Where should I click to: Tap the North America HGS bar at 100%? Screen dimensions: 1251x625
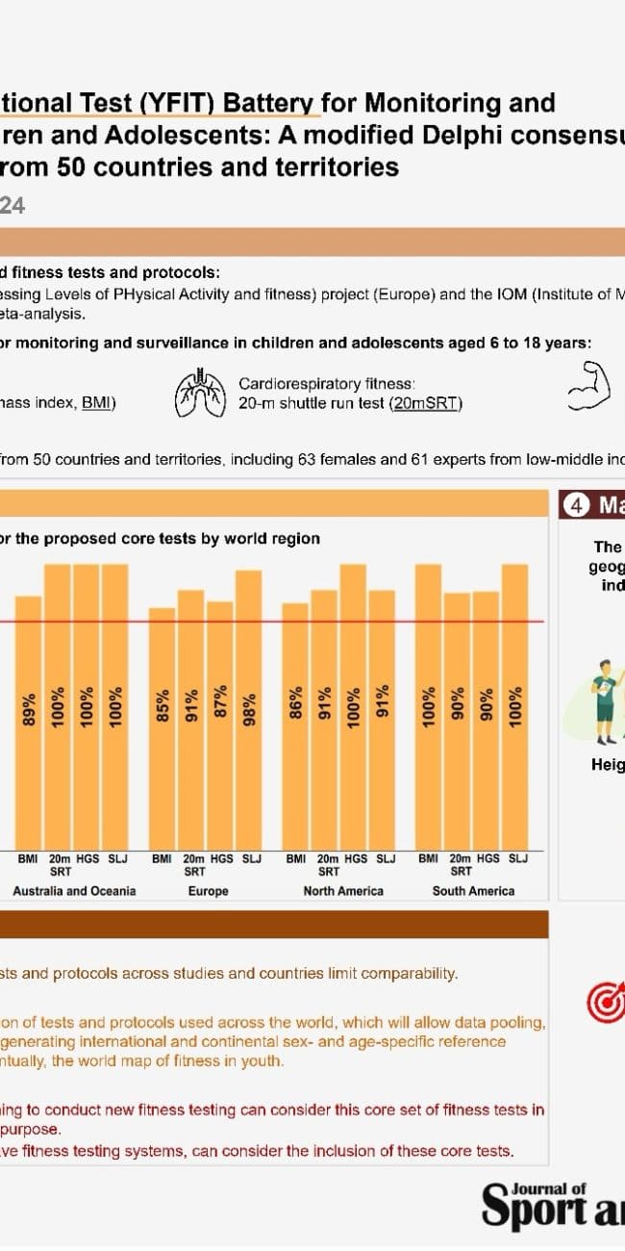[x=353, y=706]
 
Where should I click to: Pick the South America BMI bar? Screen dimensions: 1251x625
[x=428, y=706]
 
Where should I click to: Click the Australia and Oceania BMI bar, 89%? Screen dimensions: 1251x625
[x=29, y=722]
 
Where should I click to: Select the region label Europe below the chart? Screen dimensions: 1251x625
[x=209, y=891]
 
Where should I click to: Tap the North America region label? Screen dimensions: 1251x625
[x=343, y=891]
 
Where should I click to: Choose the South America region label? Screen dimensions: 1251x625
[x=473, y=891]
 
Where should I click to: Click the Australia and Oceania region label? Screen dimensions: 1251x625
[x=74, y=891]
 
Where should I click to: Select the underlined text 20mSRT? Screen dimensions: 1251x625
[x=425, y=404]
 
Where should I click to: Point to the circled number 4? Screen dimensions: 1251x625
[x=575, y=506]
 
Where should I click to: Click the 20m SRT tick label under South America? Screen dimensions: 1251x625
[x=461, y=864]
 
